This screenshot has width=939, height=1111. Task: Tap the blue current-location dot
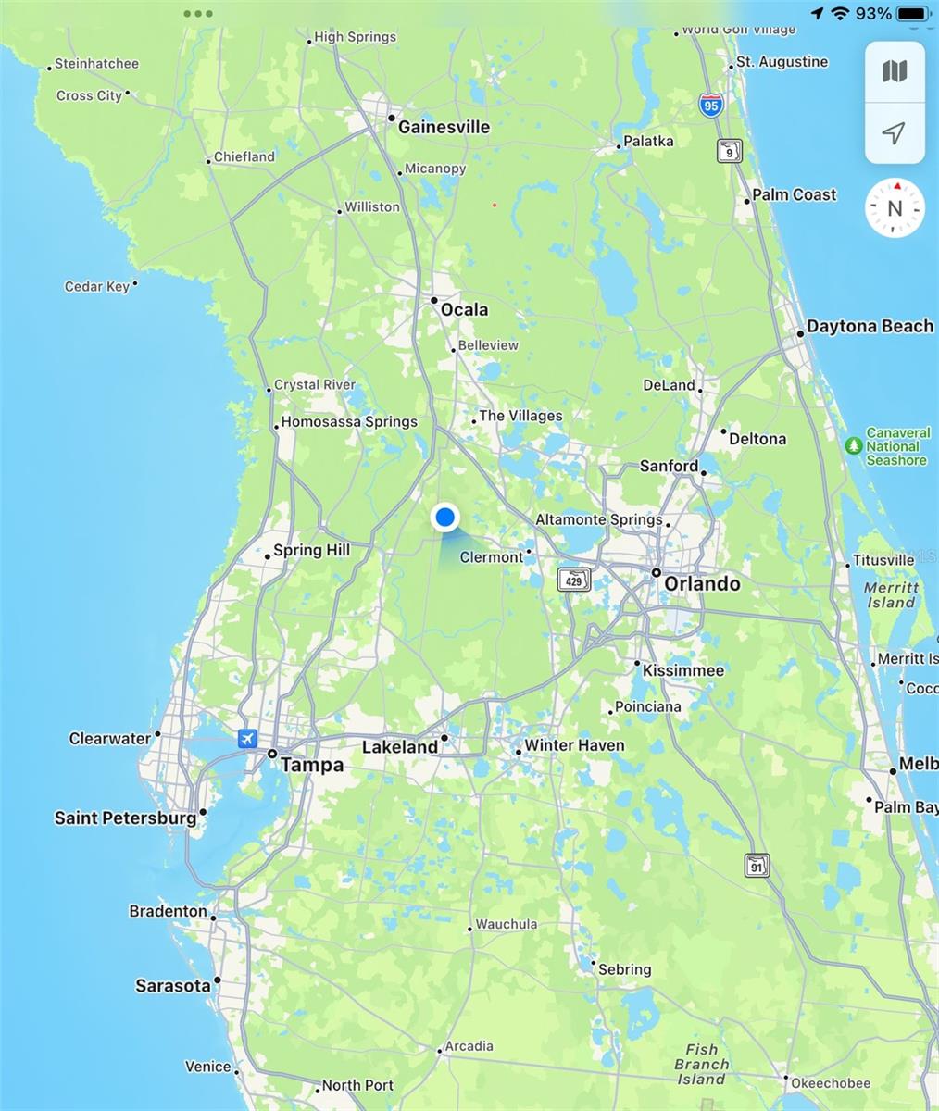tap(445, 518)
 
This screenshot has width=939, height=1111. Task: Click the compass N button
tap(895, 208)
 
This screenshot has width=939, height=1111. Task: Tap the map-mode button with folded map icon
tap(895, 71)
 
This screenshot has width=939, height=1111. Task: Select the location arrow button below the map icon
tap(895, 133)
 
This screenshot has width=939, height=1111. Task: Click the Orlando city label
tap(702, 583)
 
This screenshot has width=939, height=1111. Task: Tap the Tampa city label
tap(311, 765)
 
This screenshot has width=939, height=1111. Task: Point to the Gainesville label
tap(444, 127)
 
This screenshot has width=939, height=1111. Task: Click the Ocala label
tap(464, 309)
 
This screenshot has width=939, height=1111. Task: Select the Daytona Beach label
tap(870, 326)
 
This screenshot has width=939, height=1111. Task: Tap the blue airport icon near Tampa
tap(247, 738)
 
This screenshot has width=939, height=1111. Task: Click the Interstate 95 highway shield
tap(710, 105)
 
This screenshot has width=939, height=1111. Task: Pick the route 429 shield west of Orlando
tap(574, 580)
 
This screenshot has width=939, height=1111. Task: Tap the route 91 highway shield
tap(757, 866)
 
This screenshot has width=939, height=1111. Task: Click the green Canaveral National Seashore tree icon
tap(854, 446)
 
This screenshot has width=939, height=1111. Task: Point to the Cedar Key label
tap(97, 286)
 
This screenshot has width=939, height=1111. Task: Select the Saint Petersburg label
tap(125, 818)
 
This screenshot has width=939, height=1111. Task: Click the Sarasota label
tap(173, 985)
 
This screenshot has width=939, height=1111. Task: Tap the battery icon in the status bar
tap(913, 13)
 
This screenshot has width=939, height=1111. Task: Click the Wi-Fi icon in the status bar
tap(840, 13)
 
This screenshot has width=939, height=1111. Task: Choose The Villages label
tap(520, 416)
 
